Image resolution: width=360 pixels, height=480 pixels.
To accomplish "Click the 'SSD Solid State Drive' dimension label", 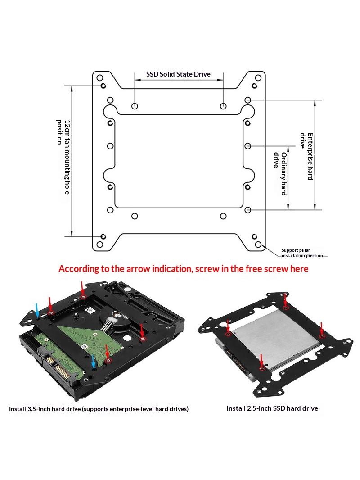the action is (178, 74).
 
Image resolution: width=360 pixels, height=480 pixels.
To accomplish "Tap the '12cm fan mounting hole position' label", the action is (63, 157).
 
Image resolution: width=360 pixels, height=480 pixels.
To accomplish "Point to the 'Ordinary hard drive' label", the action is (280, 173).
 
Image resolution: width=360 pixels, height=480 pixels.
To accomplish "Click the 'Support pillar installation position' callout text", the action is (302, 253).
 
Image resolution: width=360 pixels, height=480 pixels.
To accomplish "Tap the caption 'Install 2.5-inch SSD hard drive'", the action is (272, 408).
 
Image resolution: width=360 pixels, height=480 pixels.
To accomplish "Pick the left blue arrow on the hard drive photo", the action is (37, 310).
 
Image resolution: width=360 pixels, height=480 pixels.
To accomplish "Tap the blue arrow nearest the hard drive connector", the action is (94, 362).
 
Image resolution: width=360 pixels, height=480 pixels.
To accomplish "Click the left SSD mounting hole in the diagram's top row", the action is (135, 106).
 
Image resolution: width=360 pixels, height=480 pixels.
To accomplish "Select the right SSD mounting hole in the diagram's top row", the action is (223, 106).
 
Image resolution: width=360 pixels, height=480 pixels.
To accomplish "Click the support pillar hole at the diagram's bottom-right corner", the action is (258, 245).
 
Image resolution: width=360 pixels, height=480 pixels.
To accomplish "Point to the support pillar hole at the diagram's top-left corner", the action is (100, 78).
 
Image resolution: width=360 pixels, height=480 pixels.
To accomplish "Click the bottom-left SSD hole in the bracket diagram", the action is (135, 216).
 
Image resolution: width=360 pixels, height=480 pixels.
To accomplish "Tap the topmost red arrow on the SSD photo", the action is (285, 300).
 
